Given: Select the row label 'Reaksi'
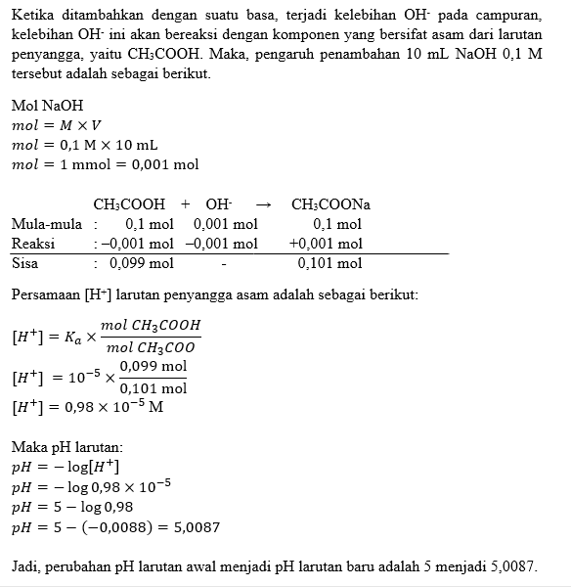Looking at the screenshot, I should click(x=33, y=244).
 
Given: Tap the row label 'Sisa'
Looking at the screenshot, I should click(x=25, y=263).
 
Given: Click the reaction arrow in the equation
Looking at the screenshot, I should click(x=262, y=204).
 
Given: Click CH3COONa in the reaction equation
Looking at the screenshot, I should click(x=330, y=204).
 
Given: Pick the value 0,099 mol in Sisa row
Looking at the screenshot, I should click(x=142, y=263).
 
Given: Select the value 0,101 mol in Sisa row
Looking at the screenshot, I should click(x=329, y=263).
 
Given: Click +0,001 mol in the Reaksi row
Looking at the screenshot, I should click(x=326, y=244).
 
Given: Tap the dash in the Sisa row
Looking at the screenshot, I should click(x=224, y=263).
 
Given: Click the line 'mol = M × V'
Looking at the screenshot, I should click(x=56, y=126).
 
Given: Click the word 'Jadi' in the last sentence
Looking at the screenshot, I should click(x=24, y=567).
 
